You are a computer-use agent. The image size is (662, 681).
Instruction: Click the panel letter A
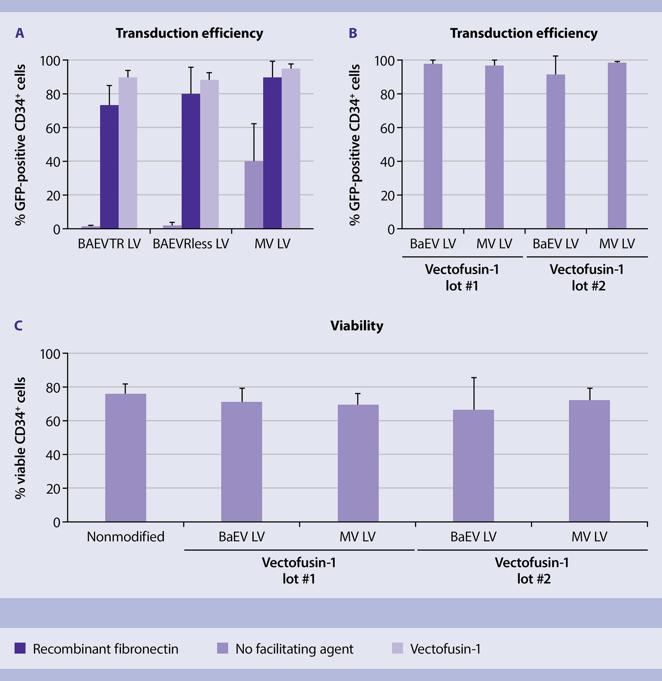pyautogui.click(x=20, y=33)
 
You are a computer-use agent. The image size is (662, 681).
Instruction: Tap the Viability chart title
pyautogui.click(x=357, y=326)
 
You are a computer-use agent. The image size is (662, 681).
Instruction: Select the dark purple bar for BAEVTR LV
pyautogui.click(x=109, y=167)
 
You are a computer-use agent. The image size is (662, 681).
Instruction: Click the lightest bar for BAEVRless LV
pyautogui.click(x=209, y=154)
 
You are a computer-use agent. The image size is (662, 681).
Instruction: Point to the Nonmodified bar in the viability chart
pyautogui.click(x=126, y=458)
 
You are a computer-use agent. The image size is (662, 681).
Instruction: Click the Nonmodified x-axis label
pyautogui.click(x=126, y=537)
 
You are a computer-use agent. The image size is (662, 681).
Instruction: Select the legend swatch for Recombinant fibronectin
pyautogui.click(x=20, y=648)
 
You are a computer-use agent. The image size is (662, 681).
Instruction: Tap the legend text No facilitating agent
pyautogui.click(x=294, y=649)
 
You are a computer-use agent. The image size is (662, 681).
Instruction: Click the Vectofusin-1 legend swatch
pyautogui.click(x=397, y=648)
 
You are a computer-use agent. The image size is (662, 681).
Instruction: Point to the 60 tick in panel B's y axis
pyautogui.click(x=387, y=128)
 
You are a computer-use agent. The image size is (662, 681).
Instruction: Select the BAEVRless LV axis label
pyautogui.click(x=191, y=244)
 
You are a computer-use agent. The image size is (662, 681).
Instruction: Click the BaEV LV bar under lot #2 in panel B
pyautogui.click(x=556, y=151)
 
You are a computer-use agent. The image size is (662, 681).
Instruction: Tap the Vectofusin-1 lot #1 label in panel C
pyautogui.click(x=299, y=570)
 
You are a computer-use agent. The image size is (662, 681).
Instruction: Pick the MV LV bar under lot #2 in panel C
pyautogui.click(x=589, y=461)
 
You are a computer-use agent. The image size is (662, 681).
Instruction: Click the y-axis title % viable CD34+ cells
pyautogui.click(x=20, y=438)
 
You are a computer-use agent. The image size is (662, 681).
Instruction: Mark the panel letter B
pyautogui.click(x=353, y=33)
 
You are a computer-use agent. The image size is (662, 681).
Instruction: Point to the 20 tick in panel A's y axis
pyautogui.click(x=53, y=195)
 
